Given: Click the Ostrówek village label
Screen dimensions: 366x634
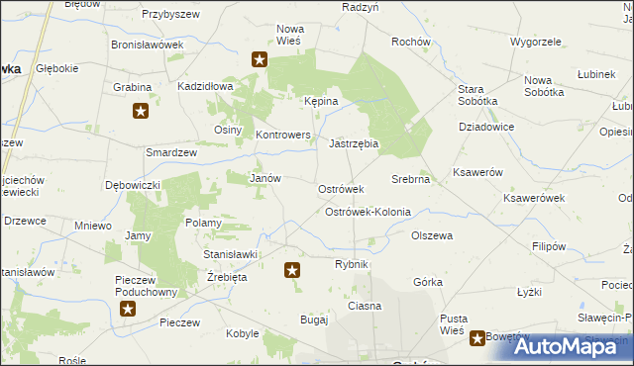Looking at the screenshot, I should (x=341, y=189).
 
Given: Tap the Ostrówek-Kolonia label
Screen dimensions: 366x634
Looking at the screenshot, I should (x=368, y=213).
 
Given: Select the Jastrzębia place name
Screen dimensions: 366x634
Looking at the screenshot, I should (x=355, y=143).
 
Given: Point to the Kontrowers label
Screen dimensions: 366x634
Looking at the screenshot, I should (x=283, y=135).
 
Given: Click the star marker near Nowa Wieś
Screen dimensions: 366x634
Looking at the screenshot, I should (x=260, y=59).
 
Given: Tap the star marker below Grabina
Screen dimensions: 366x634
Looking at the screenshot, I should (x=141, y=112).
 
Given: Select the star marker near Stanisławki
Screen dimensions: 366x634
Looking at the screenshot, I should (x=291, y=268).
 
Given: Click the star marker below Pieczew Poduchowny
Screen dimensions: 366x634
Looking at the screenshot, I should (x=128, y=309).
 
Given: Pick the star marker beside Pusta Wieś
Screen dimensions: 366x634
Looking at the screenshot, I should (x=477, y=338).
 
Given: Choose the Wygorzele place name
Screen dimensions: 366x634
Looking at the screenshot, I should (x=535, y=43).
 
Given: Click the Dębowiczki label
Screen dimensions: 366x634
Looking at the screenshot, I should (x=132, y=185).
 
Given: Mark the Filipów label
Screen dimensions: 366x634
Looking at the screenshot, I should (x=548, y=246).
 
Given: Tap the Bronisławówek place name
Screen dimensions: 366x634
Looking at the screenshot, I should (x=148, y=46).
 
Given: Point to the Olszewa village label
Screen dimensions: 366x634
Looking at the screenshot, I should (x=432, y=236).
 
